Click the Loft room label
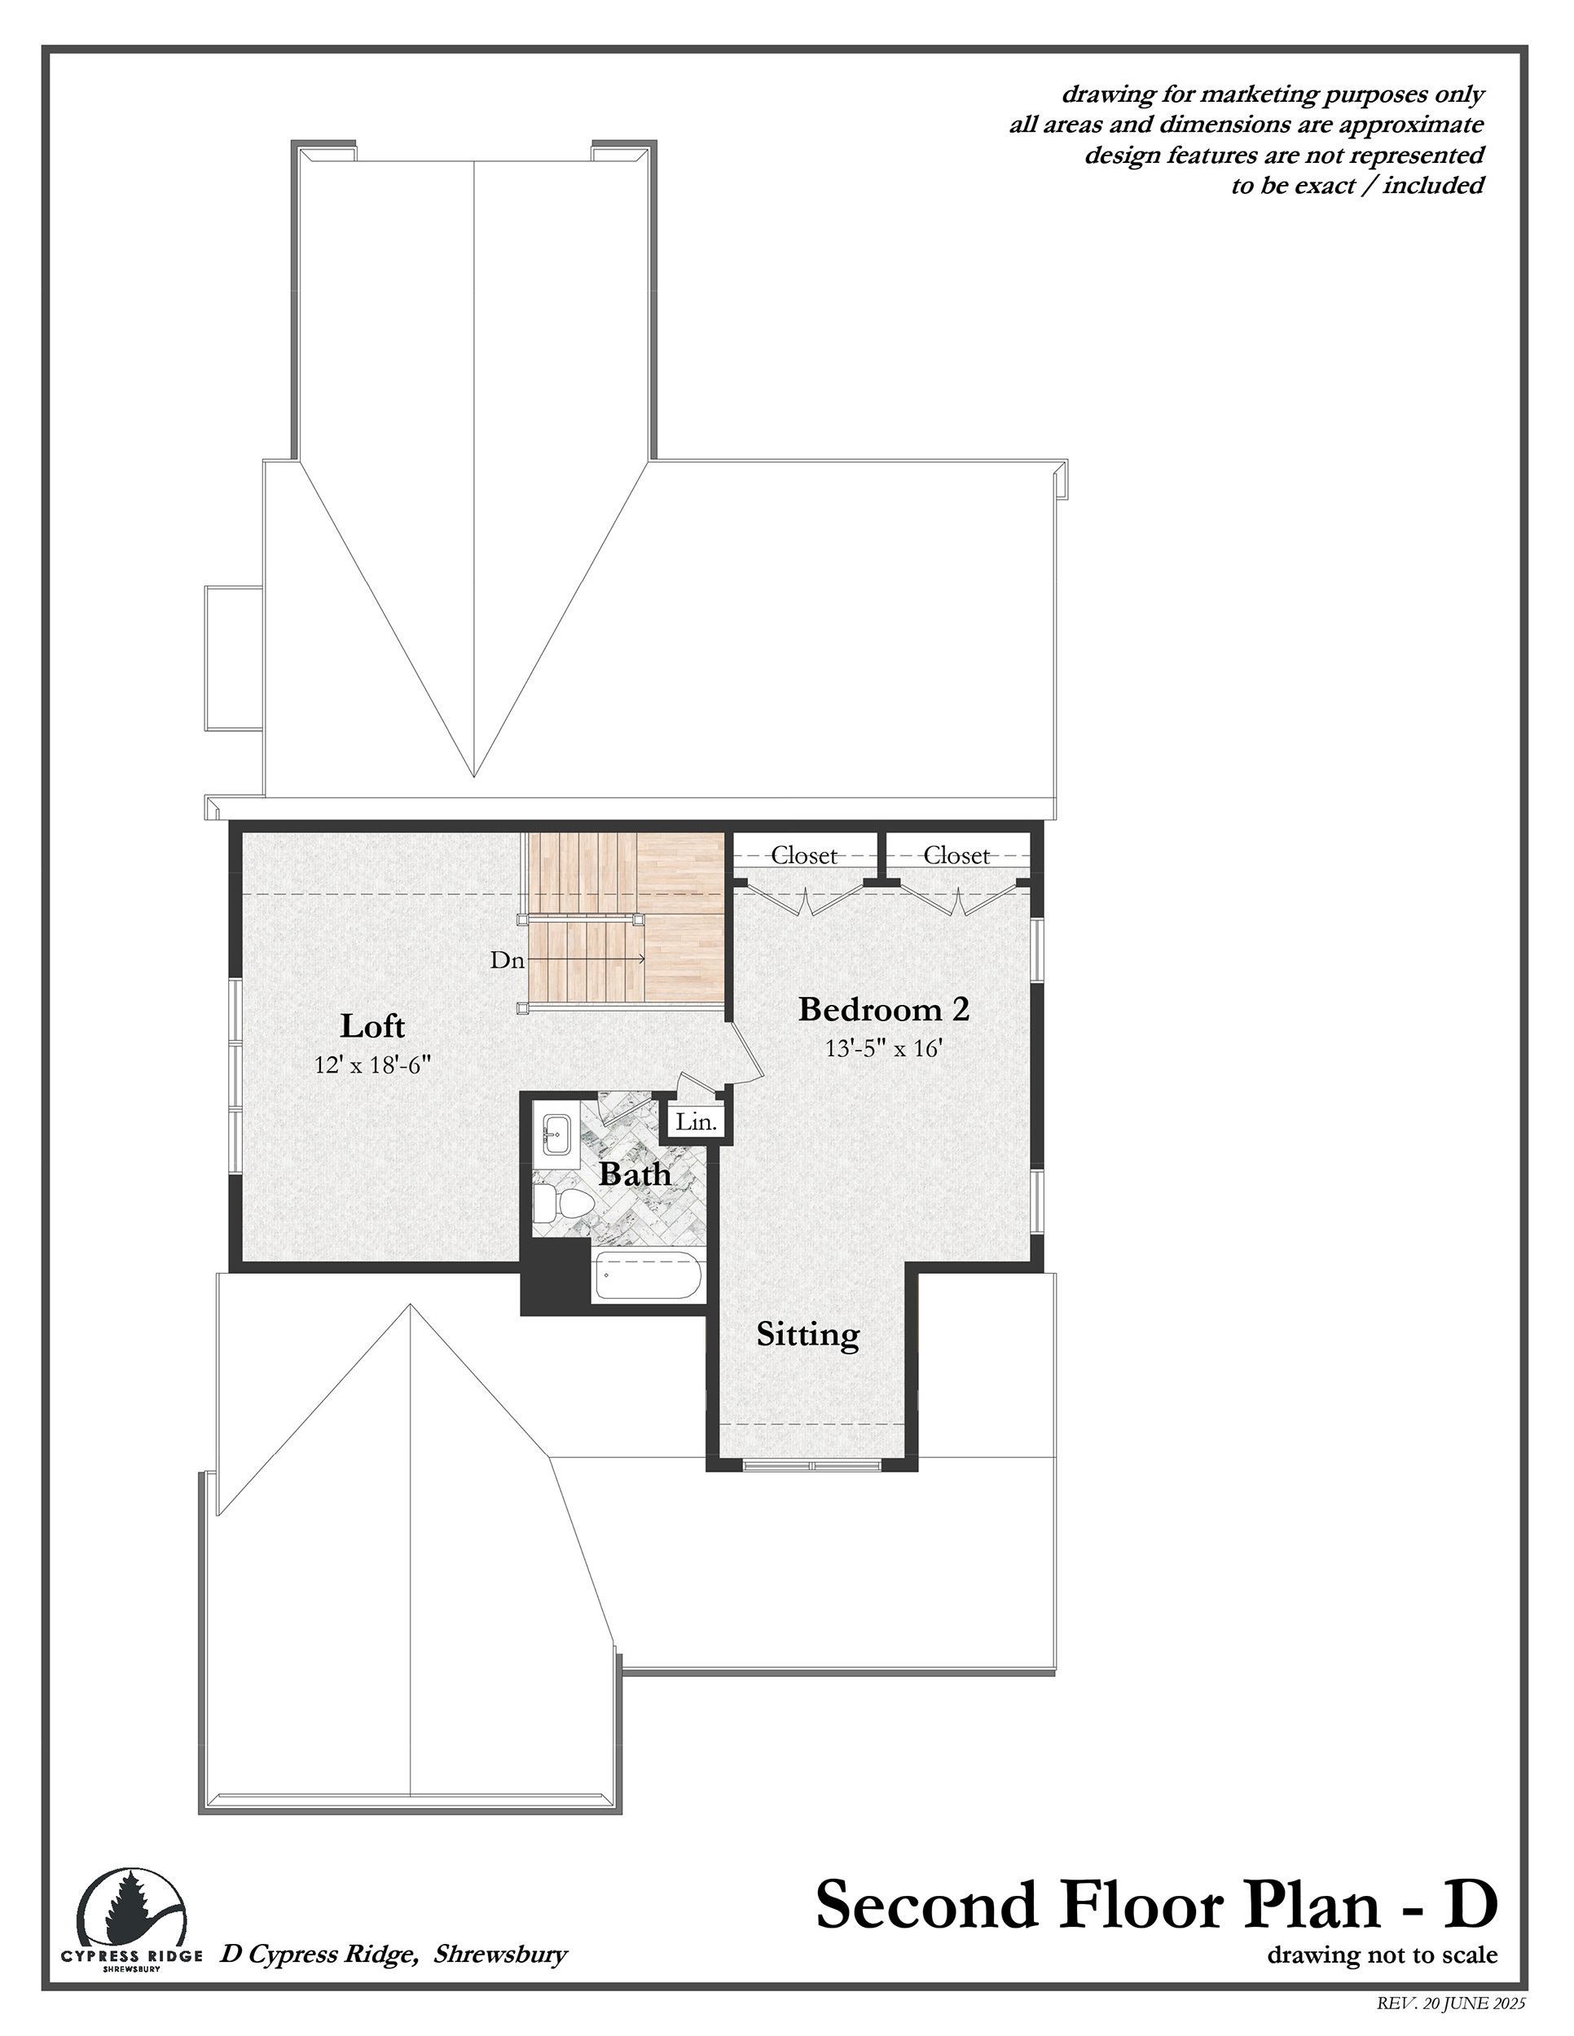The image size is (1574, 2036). tap(372, 1026)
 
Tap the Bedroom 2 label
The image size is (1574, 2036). tap(884, 1009)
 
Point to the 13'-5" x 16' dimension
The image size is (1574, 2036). tap(884, 1048)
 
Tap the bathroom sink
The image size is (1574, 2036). tap(556, 1134)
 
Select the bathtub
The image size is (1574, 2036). tap(647, 1275)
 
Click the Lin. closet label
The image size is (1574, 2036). tap(696, 1122)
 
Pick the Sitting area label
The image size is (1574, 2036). tap(807, 1336)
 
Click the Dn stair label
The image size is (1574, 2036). tap(508, 960)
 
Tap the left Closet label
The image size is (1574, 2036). tap(804, 855)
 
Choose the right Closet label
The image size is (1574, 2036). tap(956, 855)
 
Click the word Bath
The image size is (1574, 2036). tap(634, 1174)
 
